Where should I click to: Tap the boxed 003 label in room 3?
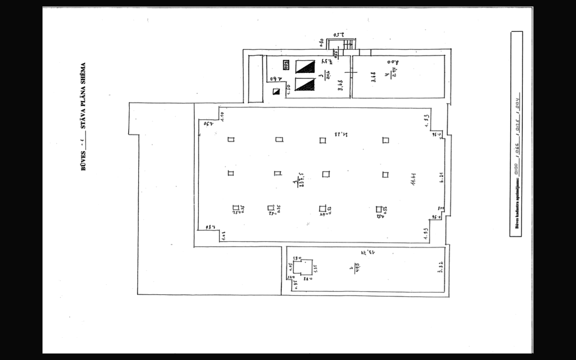click(x=286, y=64)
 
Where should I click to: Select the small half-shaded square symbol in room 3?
click(x=276, y=92)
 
